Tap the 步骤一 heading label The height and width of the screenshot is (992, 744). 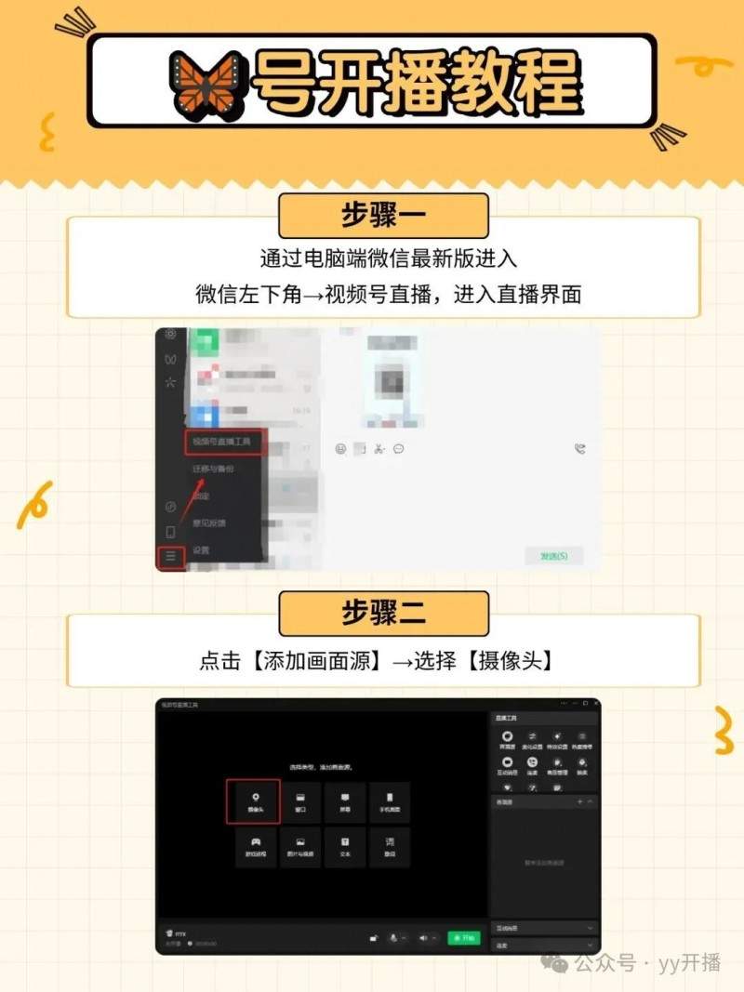tap(382, 218)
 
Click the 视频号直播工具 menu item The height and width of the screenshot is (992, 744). tap(221, 442)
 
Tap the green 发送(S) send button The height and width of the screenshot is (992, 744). tap(553, 556)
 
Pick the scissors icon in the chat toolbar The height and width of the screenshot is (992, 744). tap(379, 448)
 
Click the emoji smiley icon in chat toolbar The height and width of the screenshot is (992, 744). tap(340, 448)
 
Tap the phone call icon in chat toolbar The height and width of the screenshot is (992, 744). tap(580, 448)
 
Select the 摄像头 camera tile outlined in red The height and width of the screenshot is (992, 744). tap(253, 801)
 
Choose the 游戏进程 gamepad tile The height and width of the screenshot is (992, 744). tap(253, 846)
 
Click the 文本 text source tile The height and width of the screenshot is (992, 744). tap(345, 846)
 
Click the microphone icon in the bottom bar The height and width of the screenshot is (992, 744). tap(393, 938)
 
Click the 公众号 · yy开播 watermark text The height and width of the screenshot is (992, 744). tap(646, 962)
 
